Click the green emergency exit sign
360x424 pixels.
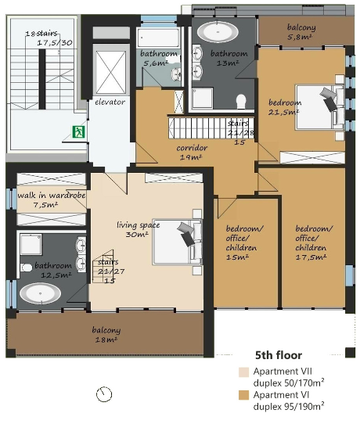click(x=79, y=132)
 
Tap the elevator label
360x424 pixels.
click(x=110, y=102)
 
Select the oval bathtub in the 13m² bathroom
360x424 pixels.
click(x=218, y=32)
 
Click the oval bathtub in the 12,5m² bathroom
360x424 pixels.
click(x=40, y=293)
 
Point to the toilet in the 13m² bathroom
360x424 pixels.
click(x=241, y=102)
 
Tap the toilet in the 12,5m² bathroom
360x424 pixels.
click(x=27, y=268)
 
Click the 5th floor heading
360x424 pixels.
click(x=279, y=355)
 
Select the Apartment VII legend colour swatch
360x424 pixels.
click(x=243, y=372)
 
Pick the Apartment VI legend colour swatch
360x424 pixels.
click(x=243, y=395)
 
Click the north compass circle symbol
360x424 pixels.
click(x=104, y=394)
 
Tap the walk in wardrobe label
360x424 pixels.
click(x=52, y=196)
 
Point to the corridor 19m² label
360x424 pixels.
click(x=192, y=153)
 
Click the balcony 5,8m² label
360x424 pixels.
click(x=301, y=32)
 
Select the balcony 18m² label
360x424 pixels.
click(x=106, y=335)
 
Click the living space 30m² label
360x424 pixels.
click(x=138, y=229)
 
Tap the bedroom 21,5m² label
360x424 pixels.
click(x=285, y=107)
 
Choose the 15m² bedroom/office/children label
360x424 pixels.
click(x=244, y=243)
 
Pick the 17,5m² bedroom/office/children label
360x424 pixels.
click(x=314, y=243)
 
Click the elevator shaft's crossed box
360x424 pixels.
click(x=111, y=72)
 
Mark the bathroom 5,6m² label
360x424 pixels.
click(x=159, y=59)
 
